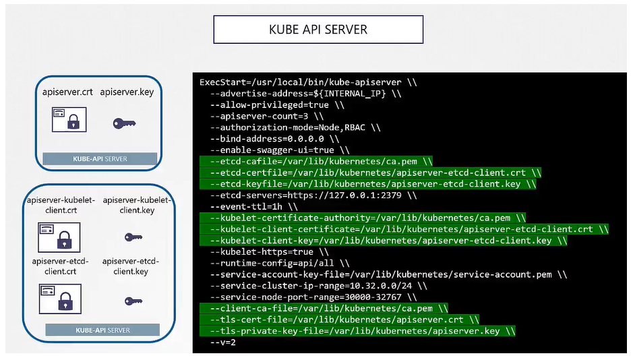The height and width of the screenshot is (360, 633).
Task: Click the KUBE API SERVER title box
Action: tap(318, 30)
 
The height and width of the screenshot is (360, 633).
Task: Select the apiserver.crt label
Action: tap(67, 92)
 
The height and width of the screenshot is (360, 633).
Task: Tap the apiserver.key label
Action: tap(127, 92)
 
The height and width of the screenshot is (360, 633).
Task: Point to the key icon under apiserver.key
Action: tap(124, 123)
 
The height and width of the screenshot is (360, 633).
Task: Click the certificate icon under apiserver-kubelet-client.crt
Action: tap(58, 237)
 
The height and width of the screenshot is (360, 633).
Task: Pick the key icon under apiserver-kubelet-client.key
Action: tap(133, 237)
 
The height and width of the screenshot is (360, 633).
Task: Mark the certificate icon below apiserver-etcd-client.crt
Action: tap(59, 297)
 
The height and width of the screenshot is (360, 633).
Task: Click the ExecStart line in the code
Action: tap(308, 82)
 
